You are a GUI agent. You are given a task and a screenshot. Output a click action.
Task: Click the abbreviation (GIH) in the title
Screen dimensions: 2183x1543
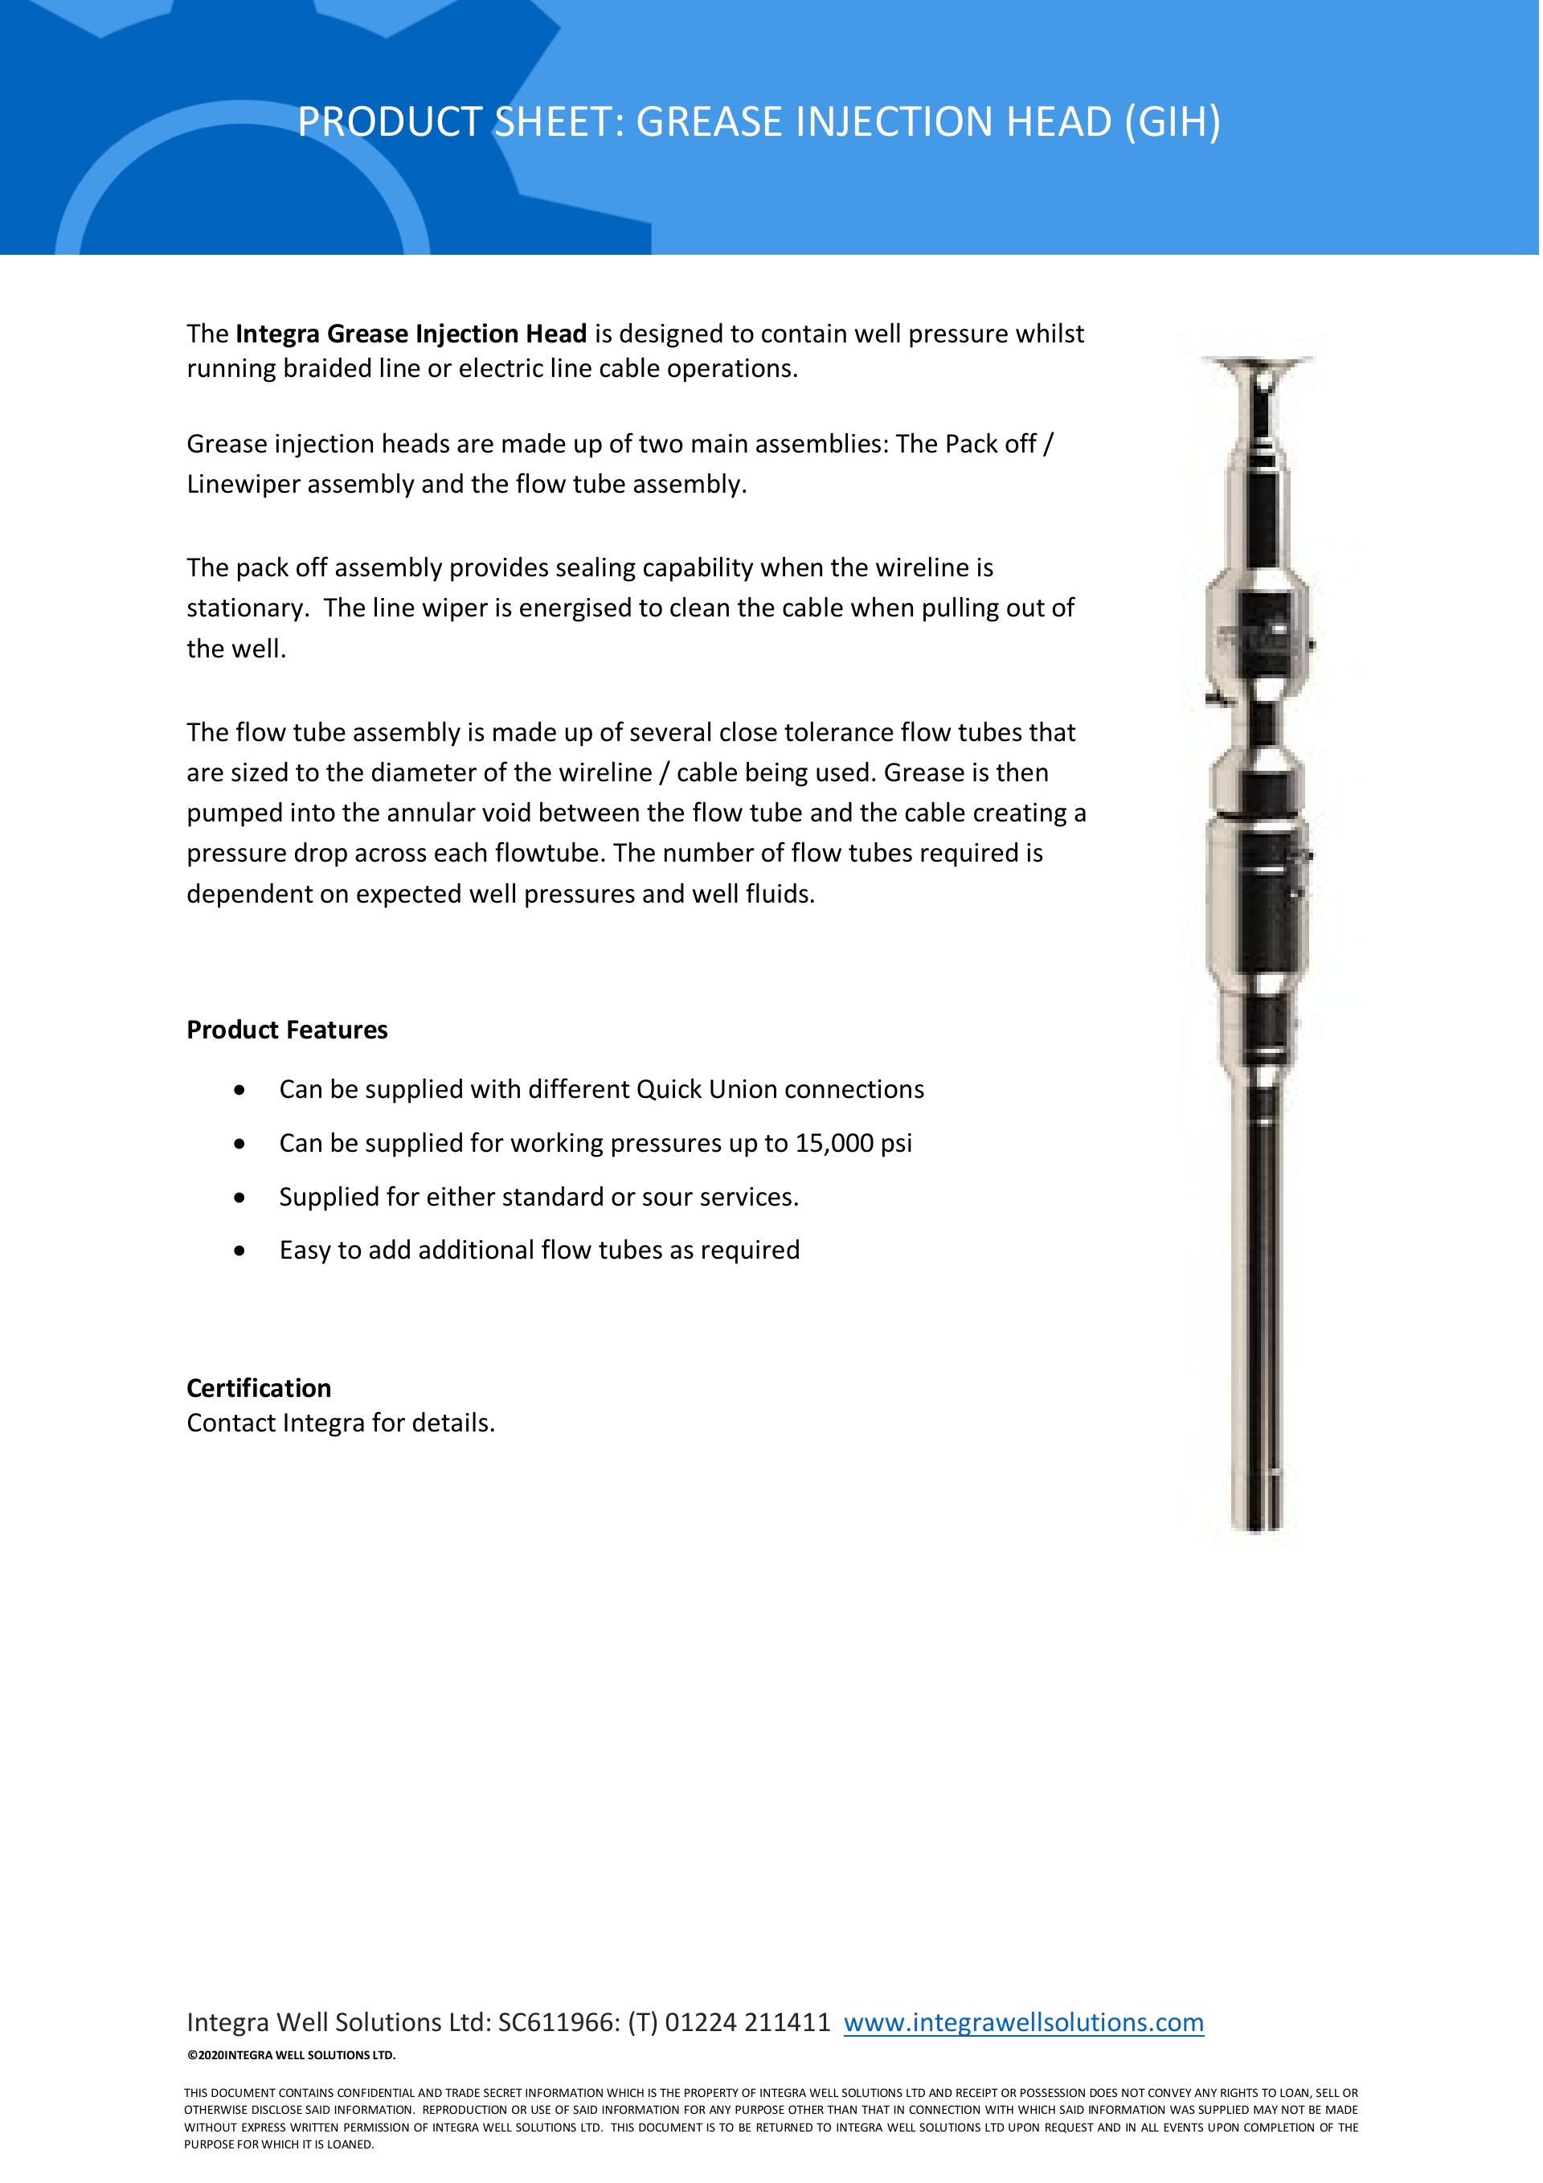coord(1173,121)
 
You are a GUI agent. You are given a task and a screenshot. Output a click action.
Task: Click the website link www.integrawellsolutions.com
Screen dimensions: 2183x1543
coord(1023,2021)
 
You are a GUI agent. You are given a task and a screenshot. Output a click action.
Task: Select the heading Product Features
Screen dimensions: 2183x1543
coord(287,1030)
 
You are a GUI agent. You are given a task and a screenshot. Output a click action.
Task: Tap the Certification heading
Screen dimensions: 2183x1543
coord(259,1388)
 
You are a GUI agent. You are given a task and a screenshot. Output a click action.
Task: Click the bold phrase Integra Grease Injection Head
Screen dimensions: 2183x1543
coord(411,334)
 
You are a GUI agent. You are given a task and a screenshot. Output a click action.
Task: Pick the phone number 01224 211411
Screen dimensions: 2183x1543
coord(747,2021)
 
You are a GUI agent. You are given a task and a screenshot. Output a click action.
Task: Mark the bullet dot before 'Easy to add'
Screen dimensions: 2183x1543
coord(239,1251)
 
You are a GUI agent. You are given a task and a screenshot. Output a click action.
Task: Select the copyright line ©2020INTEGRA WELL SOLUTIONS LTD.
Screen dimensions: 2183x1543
coord(291,2054)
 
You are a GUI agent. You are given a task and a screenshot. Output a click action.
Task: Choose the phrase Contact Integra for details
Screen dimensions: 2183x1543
coord(341,1423)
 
